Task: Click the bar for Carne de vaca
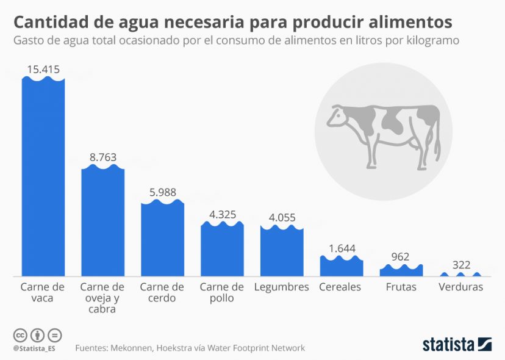pos(43,177)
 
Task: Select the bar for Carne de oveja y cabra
pos(103,223)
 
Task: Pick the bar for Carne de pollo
pos(222,250)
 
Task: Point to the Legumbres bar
pos(282,251)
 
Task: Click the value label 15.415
pos(43,70)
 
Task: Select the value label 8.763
pos(103,157)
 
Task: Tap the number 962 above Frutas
pos(400,257)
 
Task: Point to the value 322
pos(460,265)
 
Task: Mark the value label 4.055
pos(282,216)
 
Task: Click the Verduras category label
pos(460,287)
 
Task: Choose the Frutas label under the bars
pos(401,287)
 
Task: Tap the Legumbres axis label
pos(282,287)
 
